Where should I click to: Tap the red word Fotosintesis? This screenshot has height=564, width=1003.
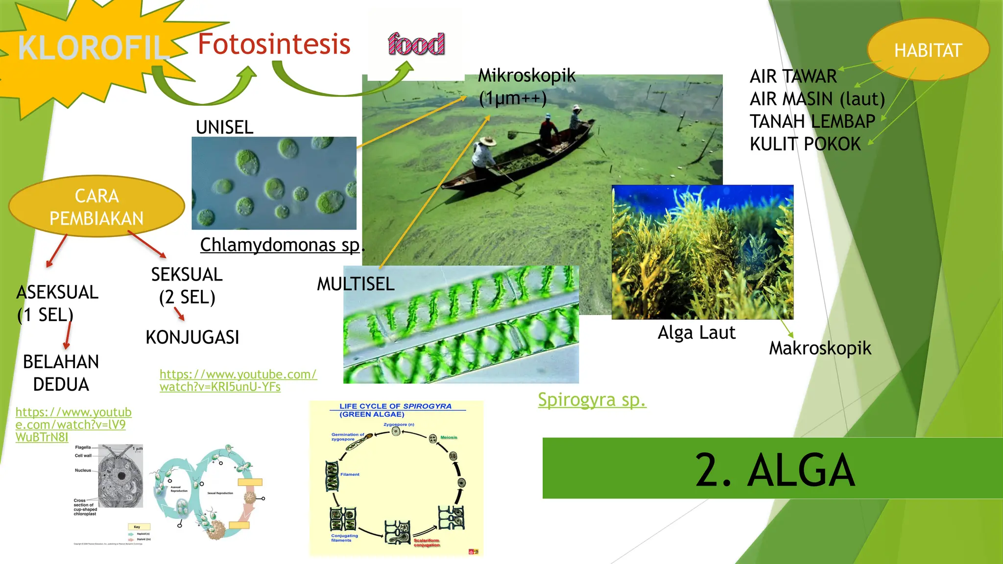click(x=274, y=44)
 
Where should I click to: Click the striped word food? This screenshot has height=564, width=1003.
click(x=416, y=44)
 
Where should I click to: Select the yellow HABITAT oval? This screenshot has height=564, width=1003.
click(x=928, y=50)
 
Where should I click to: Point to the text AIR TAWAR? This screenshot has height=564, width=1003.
click(x=793, y=76)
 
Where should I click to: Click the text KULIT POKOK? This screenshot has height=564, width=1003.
click(x=805, y=144)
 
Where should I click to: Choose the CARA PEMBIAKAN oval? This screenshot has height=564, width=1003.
click(x=96, y=207)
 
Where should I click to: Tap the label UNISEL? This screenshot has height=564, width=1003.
click(x=224, y=127)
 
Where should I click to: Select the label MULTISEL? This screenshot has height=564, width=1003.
click(x=356, y=284)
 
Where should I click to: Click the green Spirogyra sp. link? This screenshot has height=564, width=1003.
click(x=592, y=399)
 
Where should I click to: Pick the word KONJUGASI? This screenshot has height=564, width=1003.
click(x=192, y=337)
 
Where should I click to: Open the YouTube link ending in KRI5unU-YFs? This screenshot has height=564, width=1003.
click(x=238, y=380)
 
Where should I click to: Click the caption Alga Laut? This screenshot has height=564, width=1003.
click(x=696, y=332)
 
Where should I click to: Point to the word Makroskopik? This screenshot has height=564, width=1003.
click(x=820, y=348)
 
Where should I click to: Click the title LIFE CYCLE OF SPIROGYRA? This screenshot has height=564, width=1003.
click(x=395, y=406)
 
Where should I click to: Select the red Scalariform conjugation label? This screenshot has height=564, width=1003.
click(x=427, y=542)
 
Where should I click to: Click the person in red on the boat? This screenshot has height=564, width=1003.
click(x=549, y=130)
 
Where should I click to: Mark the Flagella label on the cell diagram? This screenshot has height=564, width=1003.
click(x=83, y=447)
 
